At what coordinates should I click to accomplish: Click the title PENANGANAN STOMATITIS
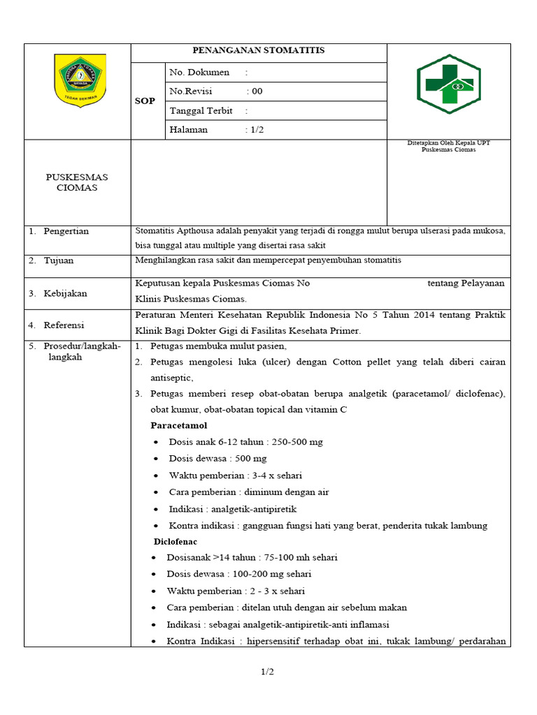tap(259, 51)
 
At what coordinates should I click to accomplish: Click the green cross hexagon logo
tap(449, 84)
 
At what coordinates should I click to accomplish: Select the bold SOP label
tap(145, 101)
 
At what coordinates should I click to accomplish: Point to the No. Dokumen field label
tap(199, 72)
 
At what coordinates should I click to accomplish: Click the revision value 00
tap(257, 91)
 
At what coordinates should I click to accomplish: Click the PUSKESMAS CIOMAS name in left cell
tap(77, 182)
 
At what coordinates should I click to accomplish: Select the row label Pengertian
tap(66, 231)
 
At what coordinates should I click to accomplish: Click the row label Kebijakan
tap(65, 294)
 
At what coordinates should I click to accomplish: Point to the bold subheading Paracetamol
tap(179, 425)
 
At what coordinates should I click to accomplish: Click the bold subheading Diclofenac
tap(176, 541)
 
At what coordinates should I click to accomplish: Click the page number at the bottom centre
tap(268, 672)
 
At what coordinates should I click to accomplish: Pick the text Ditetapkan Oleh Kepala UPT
tap(448, 143)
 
